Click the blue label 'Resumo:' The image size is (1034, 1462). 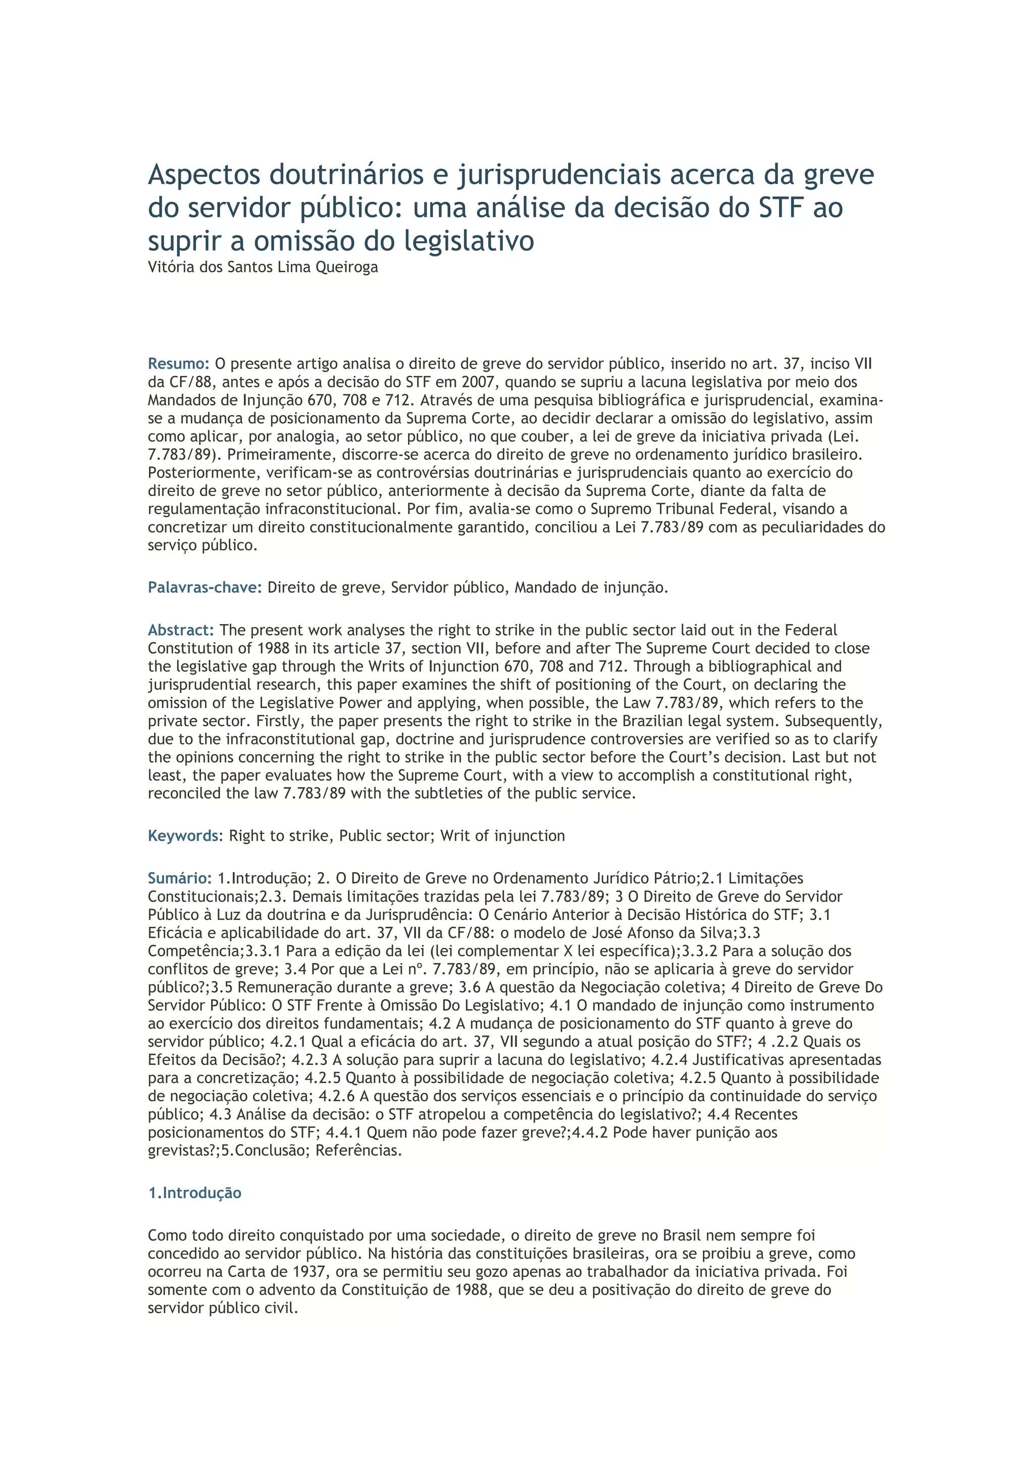(x=178, y=364)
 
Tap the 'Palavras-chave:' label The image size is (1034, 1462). (x=204, y=587)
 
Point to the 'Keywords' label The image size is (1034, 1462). (x=183, y=835)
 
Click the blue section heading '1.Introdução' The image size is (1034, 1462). (x=194, y=1193)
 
